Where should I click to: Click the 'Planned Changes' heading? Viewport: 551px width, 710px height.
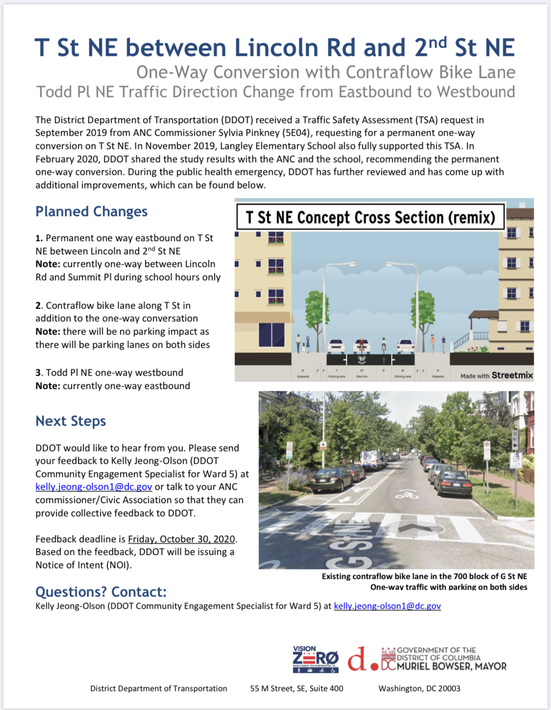(x=91, y=212)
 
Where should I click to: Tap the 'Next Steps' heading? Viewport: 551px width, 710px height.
(x=71, y=421)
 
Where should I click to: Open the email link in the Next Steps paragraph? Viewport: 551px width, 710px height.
(x=94, y=487)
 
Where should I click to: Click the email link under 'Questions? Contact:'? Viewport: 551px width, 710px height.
(x=387, y=606)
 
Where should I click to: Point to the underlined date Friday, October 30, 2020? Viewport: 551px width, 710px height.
(x=181, y=539)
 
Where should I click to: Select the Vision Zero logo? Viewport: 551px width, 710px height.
(x=315, y=659)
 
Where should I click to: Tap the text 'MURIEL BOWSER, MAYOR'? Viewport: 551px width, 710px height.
(x=451, y=666)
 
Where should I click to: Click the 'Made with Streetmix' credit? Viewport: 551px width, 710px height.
(x=496, y=376)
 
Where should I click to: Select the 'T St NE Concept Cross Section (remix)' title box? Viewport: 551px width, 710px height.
(x=370, y=217)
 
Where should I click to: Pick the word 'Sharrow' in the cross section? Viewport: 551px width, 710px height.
(x=361, y=377)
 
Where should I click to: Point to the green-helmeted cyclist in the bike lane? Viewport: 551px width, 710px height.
(x=384, y=345)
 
